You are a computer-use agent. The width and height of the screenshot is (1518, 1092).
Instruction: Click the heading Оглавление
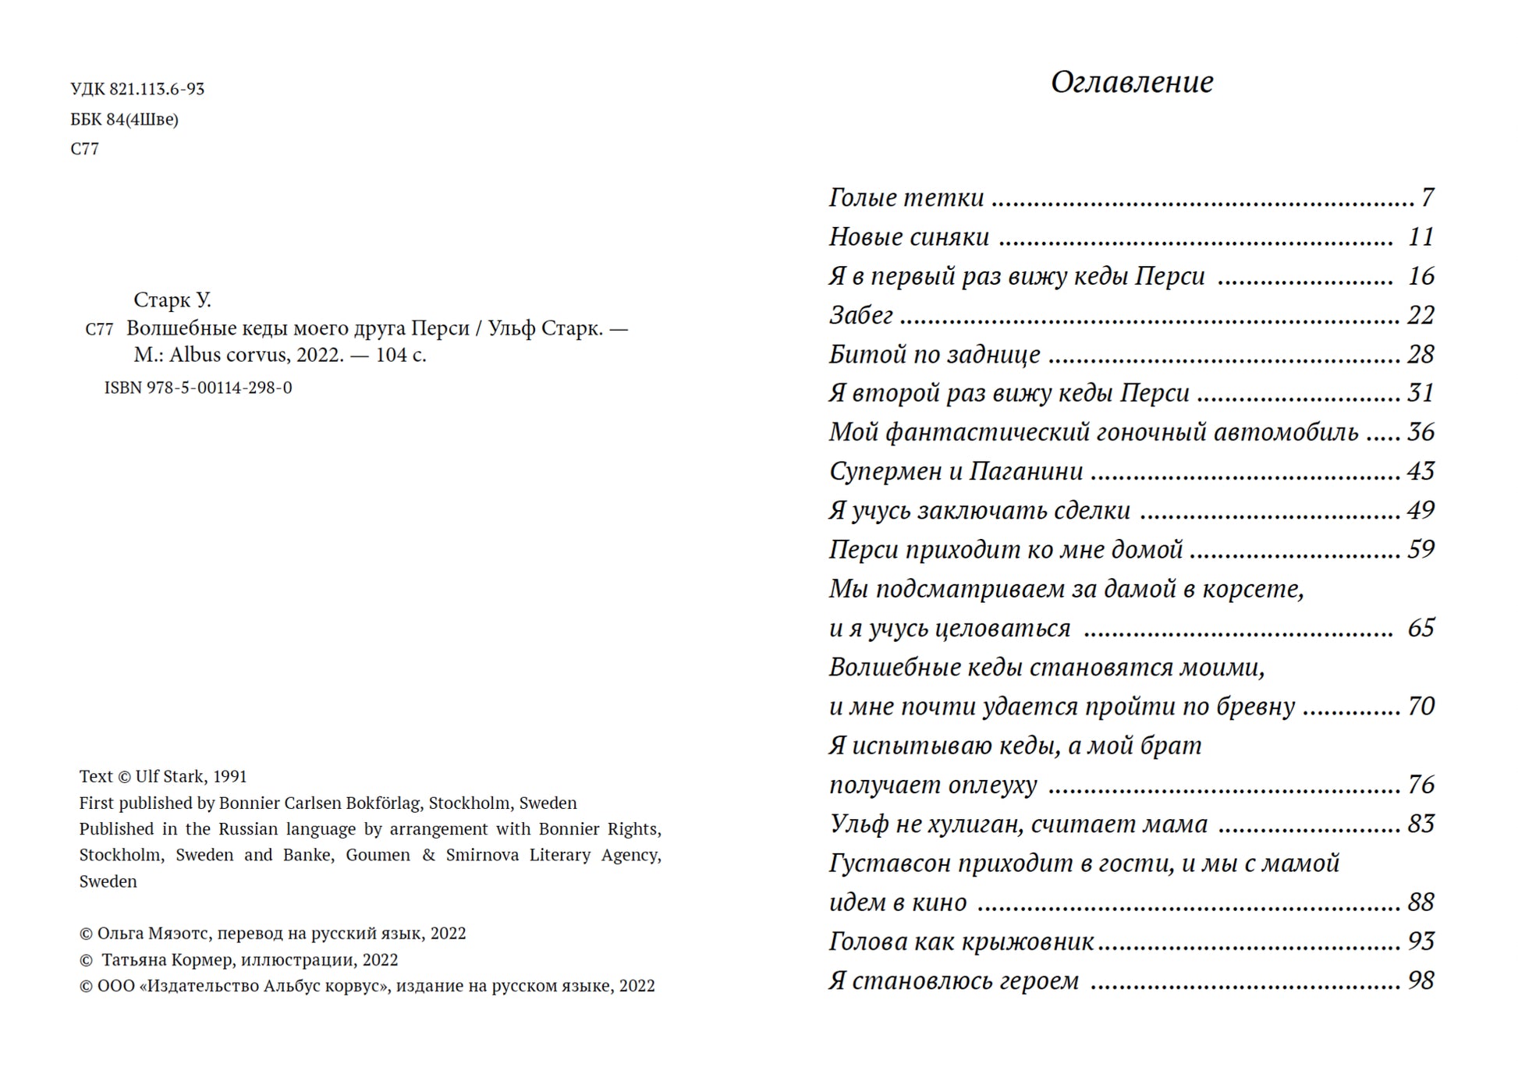pos(1131,82)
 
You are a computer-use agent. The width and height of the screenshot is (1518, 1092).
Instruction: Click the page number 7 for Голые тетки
pos(1427,197)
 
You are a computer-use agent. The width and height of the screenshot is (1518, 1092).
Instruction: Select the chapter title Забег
pos(860,315)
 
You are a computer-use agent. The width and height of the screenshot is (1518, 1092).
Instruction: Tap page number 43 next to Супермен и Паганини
pos(1420,471)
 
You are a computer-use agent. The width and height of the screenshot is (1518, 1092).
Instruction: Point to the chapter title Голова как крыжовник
pos(961,942)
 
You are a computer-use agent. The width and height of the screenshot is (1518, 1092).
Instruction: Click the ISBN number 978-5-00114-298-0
pos(218,388)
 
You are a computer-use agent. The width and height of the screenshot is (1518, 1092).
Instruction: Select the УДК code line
pos(137,89)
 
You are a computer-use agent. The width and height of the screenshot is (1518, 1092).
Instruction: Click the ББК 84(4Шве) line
pos(124,119)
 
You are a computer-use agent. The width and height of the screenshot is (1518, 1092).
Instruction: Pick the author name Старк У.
pos(172,300)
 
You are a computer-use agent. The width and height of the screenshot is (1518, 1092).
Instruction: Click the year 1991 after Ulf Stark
pos(230,777)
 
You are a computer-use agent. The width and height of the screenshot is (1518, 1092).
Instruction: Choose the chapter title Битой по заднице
pos(934,355)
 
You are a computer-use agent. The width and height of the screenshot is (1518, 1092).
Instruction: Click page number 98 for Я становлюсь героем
pos(1420,981)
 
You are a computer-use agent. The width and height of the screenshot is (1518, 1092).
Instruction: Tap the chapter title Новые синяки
pos(909,237)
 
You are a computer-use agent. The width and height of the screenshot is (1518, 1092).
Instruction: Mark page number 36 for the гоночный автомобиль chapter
pos(1420,432)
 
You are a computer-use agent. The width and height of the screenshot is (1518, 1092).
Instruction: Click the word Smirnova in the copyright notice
pos(482,856)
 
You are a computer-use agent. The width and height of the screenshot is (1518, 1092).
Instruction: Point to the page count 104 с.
pos(401,355)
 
